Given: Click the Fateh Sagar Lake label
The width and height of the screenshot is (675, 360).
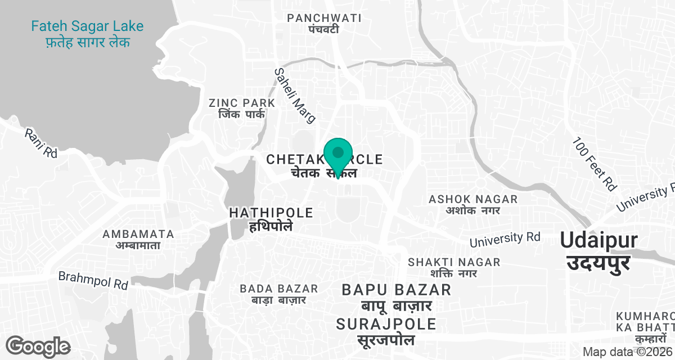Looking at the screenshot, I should pos(87,34).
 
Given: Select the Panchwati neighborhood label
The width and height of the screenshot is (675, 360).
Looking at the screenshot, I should pos(324,23).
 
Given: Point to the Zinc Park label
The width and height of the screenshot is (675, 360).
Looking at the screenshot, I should pos(242,108).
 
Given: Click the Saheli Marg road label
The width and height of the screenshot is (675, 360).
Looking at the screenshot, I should pos(295,95).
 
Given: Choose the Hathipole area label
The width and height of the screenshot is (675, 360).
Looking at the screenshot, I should pos(271,219).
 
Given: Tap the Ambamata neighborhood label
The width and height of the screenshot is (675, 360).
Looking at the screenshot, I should pos(138,239).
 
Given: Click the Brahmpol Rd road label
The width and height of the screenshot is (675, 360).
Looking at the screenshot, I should pos(93,280).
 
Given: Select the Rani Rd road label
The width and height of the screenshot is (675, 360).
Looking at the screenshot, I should pos(41,143).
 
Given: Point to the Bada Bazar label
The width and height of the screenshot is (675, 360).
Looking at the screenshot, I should pos(279,294).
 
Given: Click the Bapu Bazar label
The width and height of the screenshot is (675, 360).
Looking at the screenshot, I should pos(397,298).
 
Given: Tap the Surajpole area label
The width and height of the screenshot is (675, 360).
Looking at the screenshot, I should pos(386,331).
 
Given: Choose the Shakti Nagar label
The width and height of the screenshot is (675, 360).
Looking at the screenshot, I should pos(454,267).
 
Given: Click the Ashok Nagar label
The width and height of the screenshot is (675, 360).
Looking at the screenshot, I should pos(473,204).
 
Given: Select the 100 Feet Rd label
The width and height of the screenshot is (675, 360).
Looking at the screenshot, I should pos(594,163).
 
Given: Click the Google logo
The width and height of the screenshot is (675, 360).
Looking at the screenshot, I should pos(38,346).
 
